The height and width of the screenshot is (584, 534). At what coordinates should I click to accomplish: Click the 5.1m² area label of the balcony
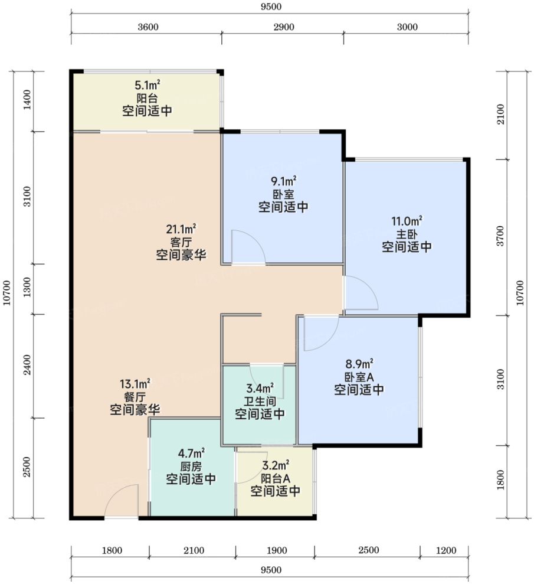pos(148,85)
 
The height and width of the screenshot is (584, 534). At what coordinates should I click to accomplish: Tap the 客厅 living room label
pos(181,242)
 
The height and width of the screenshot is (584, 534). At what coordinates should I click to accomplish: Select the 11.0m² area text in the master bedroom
pos(407,221)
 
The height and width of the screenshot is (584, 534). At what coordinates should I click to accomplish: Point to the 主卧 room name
pos(407,234)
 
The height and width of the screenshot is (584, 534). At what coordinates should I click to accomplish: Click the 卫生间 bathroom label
pos(260,401)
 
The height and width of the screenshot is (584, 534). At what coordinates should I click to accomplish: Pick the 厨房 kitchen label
pos(191,466)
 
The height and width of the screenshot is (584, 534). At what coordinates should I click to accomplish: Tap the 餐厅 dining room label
pos(135,397)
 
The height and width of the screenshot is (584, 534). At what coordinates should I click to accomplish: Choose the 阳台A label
pos(276,478)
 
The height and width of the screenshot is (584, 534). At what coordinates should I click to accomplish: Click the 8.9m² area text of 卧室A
pos(359,364)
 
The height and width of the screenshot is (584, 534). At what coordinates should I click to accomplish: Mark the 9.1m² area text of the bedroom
pos(284,181)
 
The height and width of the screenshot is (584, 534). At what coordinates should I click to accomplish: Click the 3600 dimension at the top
pos(148,27)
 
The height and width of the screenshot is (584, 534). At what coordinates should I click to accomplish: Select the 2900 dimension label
pos(284,27)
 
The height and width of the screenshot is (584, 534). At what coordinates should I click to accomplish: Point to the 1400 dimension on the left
pos(27,100)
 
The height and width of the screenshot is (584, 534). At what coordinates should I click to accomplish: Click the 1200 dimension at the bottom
pos(446,550)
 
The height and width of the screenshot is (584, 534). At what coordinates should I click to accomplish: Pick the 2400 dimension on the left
pos(27,365)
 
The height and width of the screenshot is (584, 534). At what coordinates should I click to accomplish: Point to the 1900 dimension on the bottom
pos(277,550)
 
